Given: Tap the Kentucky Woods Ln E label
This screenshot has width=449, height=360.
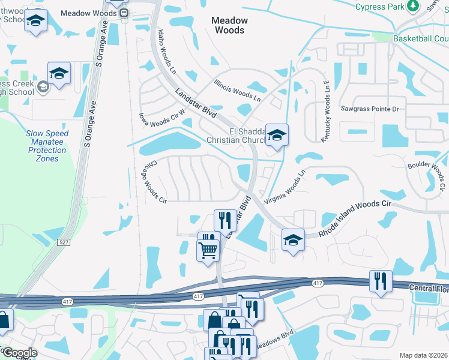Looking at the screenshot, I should (x=326, y=120).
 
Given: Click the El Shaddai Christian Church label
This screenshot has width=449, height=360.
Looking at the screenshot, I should (x=235, y=136).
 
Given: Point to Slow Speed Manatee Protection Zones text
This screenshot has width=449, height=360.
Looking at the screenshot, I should (x=47, y=146).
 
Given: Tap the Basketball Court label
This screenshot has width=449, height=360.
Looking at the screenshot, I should (x=421, y=38).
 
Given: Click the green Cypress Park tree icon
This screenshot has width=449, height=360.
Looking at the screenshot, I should (x=413, y=6).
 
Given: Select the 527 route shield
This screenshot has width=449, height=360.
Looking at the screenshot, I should (x=64, y=242).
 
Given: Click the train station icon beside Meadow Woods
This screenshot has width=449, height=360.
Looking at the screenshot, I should (x=124, y=13).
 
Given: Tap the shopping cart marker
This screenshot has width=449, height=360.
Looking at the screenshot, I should (x=208, y=250).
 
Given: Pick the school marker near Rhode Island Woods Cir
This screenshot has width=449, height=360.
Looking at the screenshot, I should (x=292, y=240).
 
